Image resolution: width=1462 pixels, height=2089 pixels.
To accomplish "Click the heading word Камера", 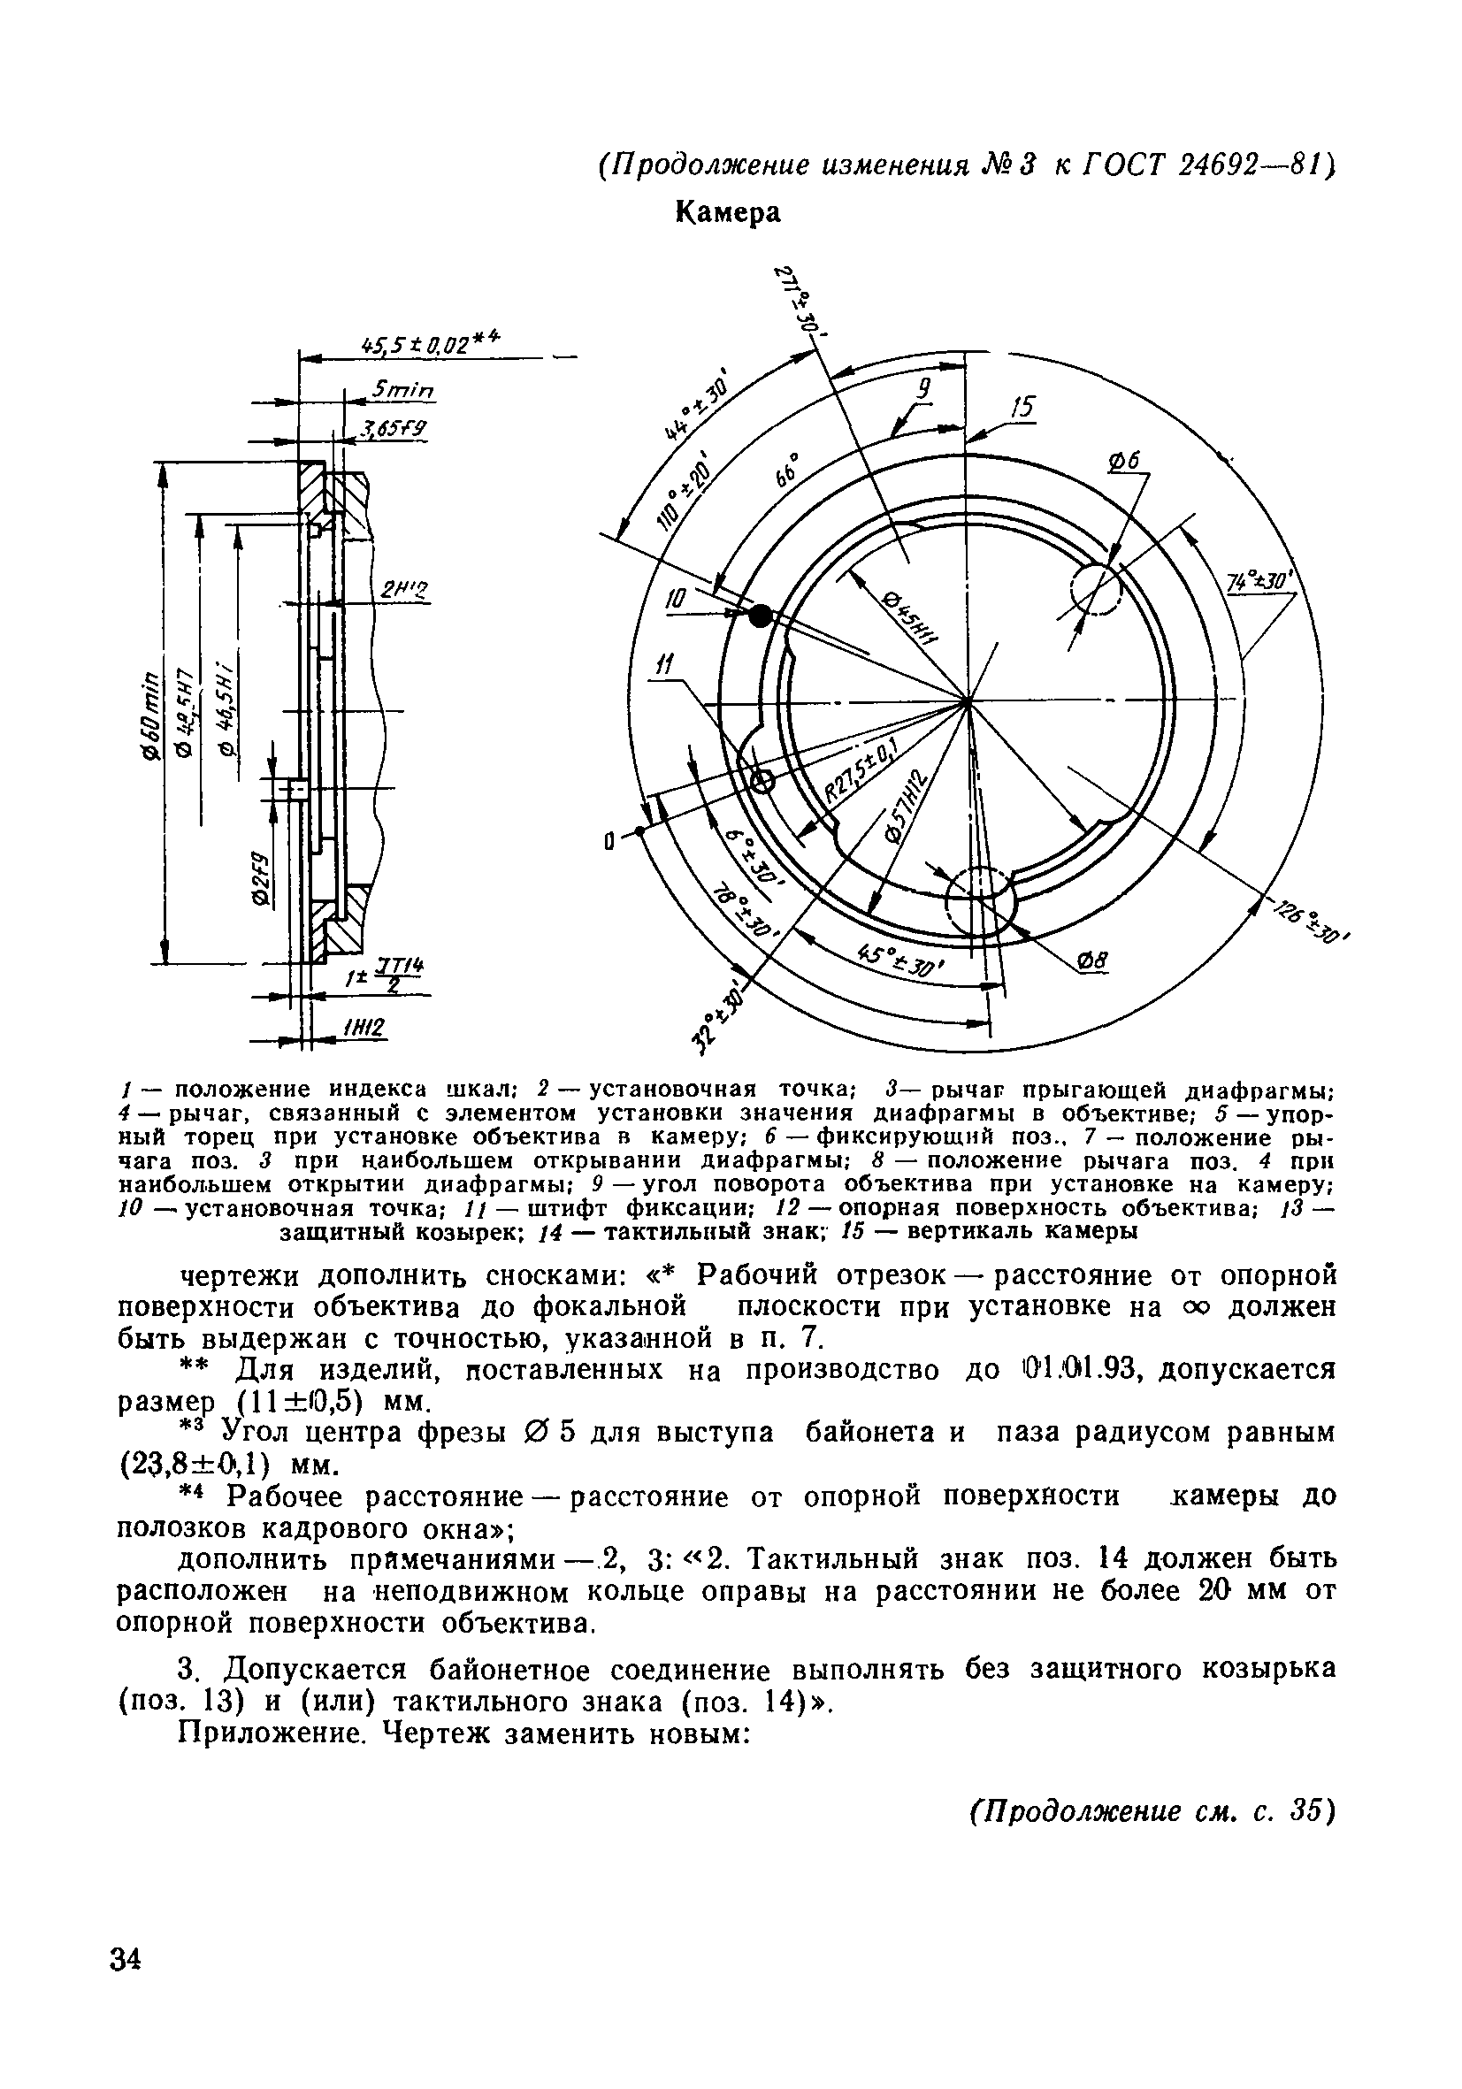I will [x=727, y=212].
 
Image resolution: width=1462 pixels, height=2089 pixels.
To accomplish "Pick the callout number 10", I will [x=675, y=601].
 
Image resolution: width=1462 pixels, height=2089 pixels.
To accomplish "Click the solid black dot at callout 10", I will [x=760, y=616].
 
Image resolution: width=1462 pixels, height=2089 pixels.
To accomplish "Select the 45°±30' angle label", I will [x=901, y=959].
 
